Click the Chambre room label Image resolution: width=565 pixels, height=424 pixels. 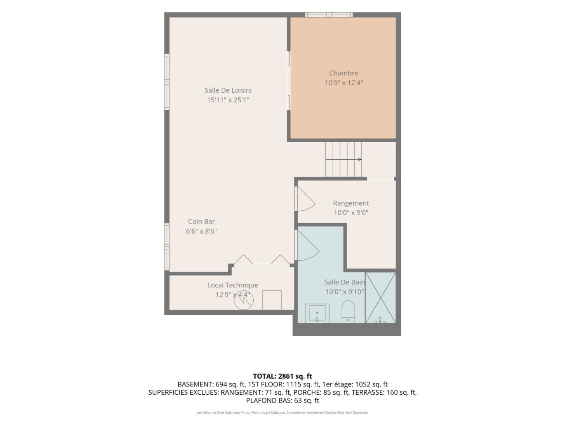coord(344,73)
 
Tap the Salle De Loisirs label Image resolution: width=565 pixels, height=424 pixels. coord(228,90)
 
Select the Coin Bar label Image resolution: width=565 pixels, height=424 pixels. coord(201,221)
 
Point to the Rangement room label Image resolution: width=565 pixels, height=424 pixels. coord(351,203)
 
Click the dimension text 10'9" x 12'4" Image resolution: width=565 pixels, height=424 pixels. coord(344,83)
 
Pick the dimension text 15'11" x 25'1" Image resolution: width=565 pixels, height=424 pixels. coord(228,100)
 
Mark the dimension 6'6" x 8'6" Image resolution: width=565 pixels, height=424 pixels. coord(201,231)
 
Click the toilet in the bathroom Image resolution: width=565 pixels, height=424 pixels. coord(348,311)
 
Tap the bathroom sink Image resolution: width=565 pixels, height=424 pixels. coord(317,313)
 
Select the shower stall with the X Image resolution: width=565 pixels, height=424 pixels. coord(380,298)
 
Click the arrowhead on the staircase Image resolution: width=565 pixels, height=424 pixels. coord(360,159)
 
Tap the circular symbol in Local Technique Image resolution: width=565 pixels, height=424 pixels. coord(243,300)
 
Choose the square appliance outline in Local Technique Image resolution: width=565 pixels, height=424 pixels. coord(272,300)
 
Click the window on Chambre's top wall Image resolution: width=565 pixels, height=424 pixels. coord(329,15)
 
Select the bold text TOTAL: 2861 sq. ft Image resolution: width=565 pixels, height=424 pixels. coord(282,377)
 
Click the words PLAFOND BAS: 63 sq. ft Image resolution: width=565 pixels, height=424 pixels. coord(282,400)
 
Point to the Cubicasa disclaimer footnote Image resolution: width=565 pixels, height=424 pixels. coord(282,412)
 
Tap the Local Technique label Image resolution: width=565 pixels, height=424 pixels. coord(233,285)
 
